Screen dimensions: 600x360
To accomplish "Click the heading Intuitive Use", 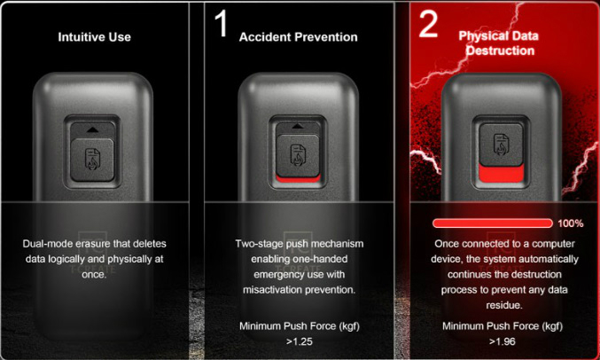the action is (x=95, y=36).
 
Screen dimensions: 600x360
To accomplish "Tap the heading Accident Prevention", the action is (x=298, y=36).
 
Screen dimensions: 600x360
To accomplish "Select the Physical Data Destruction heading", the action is (x=499, y=43).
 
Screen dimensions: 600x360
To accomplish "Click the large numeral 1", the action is (x=221, y=23).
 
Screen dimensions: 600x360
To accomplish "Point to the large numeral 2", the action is (x=428, y=23).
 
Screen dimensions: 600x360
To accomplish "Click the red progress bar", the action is (x=493, y=223).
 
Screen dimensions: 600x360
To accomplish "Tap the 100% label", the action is (x=571, y=223).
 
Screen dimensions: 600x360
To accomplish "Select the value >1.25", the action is (x=300, y=341).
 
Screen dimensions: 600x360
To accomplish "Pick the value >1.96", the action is (x=502, y=341).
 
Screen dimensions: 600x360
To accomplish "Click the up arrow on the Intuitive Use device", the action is (x=92, y=130).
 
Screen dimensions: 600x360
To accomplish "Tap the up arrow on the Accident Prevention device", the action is (x=297, y=126).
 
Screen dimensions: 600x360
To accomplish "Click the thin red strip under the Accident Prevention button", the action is (x=298, y=179).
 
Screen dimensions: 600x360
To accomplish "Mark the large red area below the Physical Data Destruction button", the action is (x=502, y=175).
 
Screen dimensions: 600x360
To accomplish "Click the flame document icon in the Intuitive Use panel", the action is (x=92, y=159).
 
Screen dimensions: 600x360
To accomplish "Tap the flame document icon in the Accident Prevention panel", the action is (x=297, y=155).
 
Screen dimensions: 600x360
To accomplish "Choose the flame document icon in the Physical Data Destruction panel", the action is (x=501, y=144).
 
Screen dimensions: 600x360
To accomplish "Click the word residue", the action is (x=503, y=305).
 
